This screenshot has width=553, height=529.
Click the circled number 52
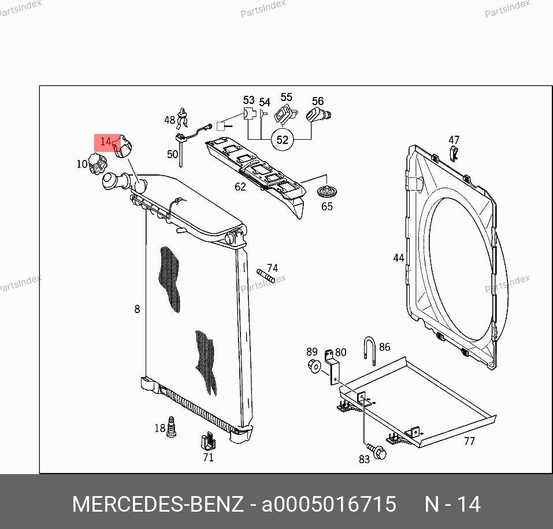(282, 140)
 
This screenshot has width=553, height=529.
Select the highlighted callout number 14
(105, 141)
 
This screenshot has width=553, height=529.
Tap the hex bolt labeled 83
(377, 451)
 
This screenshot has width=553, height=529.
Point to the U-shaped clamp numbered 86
(370, 351)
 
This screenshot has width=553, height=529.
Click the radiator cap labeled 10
(97, 163)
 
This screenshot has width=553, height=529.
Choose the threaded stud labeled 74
(266, 275)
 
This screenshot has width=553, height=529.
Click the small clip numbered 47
(454, 153)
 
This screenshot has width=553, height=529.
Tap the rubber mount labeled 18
(171, 427)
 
